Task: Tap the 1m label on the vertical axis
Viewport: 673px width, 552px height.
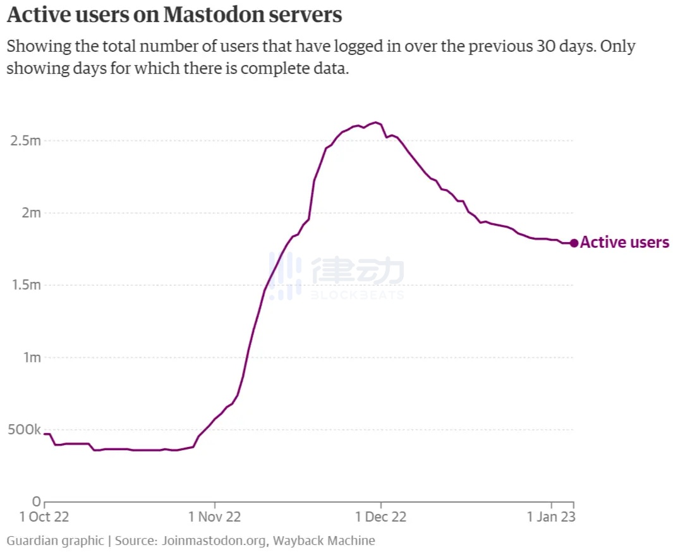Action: tap(31, 357)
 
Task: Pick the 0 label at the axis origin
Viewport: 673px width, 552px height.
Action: tap(37, 502)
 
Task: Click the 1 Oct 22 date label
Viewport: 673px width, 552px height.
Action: tap(44, 517)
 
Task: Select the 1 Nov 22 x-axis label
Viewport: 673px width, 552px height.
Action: tap(215, 517)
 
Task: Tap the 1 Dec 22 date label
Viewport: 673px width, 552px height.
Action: tap(381, 517)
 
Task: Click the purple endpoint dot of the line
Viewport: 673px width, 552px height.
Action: tap(574, 243)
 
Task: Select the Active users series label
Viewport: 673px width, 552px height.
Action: tap(624, 242)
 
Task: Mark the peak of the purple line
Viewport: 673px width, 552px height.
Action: tap(376, 122)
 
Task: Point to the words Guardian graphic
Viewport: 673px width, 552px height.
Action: tap(55, 541)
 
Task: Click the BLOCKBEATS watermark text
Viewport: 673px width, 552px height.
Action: tap(356, 295)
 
